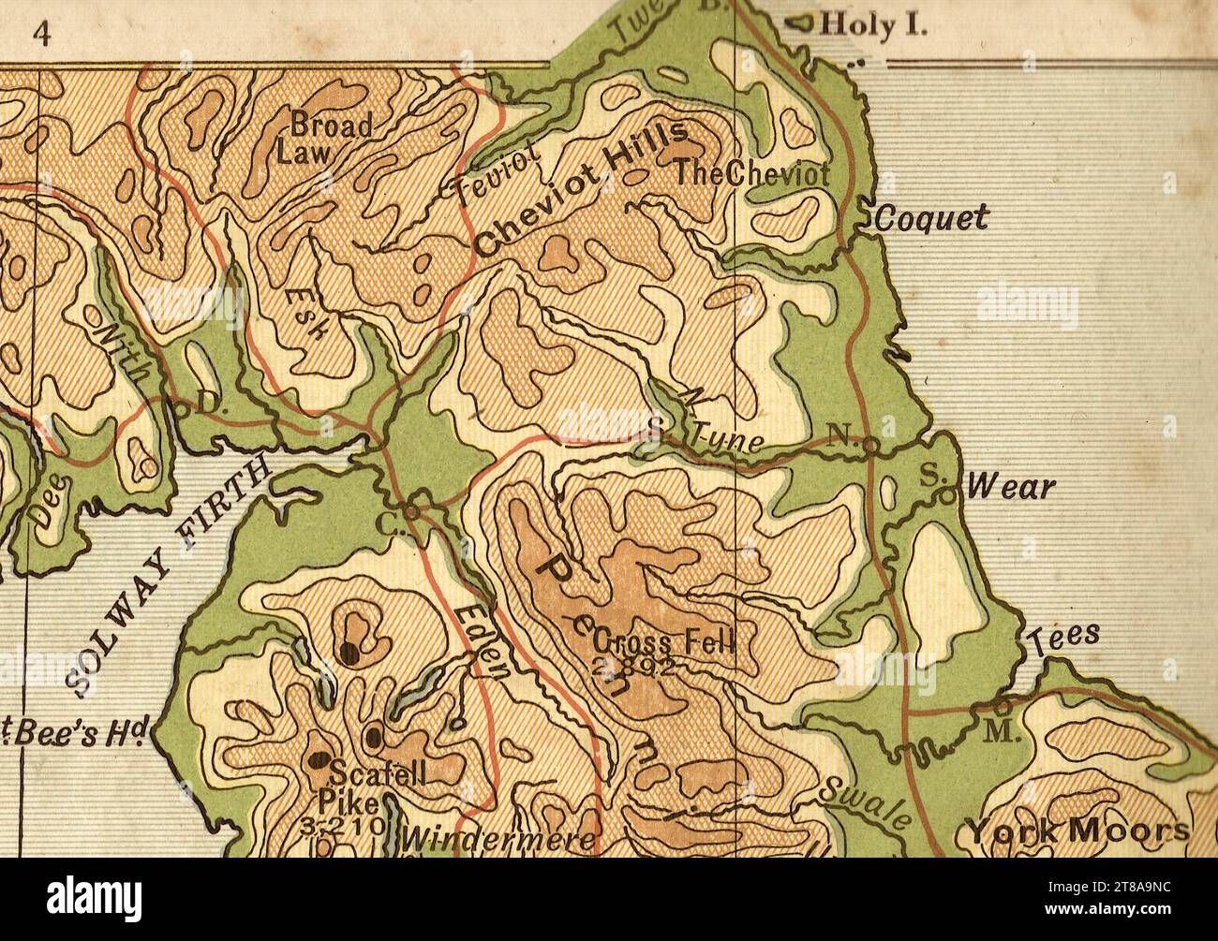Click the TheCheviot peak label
[x=752, y=173]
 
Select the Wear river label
[x=1010, y=488]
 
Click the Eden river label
[x=482, y=642]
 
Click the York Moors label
[x=1077, y=831]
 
